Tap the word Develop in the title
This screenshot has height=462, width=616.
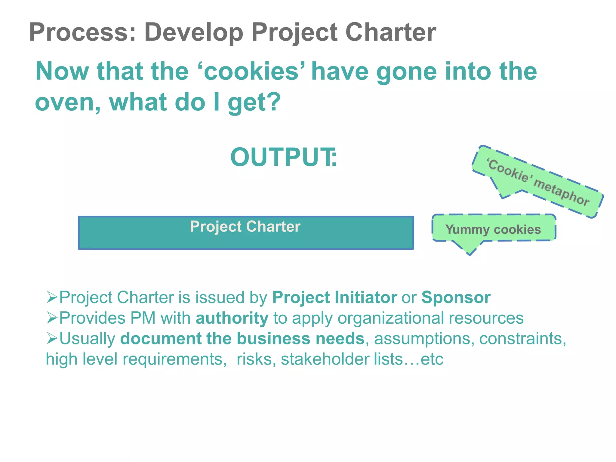click(x=194, y=32)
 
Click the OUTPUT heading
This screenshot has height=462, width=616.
click(x=283, y=157)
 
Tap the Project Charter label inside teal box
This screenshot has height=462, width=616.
click(x=245, y=226)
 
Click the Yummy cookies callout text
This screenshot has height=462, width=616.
click(x=493, y=229)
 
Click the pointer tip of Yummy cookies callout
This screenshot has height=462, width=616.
click(x=470, y=254)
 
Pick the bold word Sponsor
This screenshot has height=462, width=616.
click(x=456, y=297)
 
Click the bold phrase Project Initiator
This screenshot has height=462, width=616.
click(x=334, y=297)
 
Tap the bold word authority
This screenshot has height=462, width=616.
click(x=232, y=318)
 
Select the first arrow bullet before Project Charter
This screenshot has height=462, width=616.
click(x=52, y=297)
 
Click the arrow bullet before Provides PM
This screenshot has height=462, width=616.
click(x=52, y=318)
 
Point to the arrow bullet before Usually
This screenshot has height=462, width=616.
click(x=52, y=338)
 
